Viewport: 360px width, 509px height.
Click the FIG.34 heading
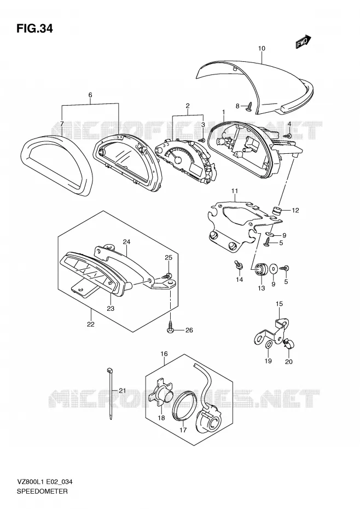(x=34, y=28)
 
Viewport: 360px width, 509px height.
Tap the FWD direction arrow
(x=303, y=42)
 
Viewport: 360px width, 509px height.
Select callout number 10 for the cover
(x=262, y=48)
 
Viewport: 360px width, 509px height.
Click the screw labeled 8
(x=249, y=106)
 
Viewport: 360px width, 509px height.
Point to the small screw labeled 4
(x=288, y=135)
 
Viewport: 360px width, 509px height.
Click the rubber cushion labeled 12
(x=277, y=210)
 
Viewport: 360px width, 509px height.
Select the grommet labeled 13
(x=260, y=269)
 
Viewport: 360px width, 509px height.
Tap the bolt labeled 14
(x=239, y=265)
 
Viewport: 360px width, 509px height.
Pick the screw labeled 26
(x=171, y=327)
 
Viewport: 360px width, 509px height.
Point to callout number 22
(x=91, y=324)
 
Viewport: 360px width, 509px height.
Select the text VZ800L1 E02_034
(x=44, y=482)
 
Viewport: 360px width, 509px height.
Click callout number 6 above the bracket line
(x=90, y=95)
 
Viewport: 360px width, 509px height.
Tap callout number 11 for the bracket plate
(x=235, y=191)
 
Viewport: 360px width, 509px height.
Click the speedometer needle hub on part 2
(x=178, y=160)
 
